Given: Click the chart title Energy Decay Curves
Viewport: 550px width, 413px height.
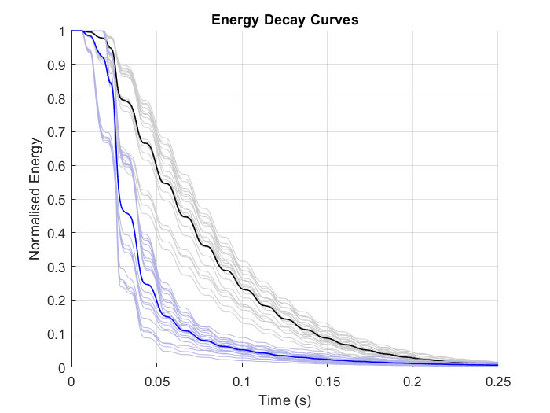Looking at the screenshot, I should coord(285,20).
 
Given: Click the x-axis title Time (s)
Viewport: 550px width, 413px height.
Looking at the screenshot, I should coord(285,400).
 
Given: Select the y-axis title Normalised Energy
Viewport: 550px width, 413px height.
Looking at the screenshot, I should coord(35,200).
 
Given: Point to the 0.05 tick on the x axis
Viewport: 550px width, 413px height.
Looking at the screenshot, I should coord(157,382).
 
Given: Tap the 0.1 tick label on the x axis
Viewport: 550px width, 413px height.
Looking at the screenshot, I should coord(243,382).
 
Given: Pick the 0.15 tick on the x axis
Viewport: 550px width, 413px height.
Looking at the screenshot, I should coord(328,382).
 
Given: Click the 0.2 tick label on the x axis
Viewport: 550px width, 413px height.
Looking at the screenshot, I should coord(413,382).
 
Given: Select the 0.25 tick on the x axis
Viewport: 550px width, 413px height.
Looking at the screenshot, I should coord(498,382).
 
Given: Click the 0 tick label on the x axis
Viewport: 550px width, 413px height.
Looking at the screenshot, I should coord(72,382).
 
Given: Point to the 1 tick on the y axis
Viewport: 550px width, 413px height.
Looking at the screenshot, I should coord(61,31).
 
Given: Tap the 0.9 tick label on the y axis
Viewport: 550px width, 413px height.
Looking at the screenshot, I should coord(56,65).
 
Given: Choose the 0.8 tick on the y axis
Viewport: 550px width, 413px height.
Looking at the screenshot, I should coord(56,98).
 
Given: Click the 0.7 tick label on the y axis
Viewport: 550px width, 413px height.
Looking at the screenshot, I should coord(56,132).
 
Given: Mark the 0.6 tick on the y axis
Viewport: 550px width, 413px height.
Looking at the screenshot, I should coord(56,166).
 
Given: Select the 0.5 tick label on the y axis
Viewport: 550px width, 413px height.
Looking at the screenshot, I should coord(56,200).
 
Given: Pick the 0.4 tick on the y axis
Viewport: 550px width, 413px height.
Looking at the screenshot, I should coord(56,233).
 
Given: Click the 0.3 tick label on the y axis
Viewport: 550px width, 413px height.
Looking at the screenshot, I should coord(56,267).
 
